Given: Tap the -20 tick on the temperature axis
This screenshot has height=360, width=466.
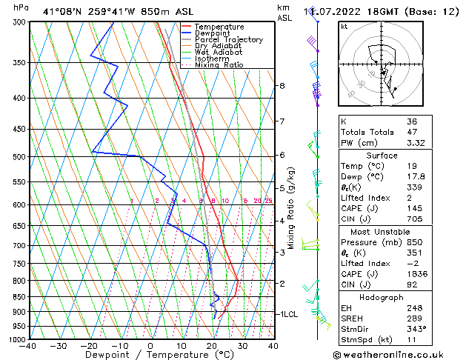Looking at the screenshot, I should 89,345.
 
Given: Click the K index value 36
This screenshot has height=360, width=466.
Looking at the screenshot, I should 412,121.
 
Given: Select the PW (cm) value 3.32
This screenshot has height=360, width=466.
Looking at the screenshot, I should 415,143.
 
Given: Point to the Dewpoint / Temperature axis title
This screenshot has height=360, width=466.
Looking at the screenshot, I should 150,356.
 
